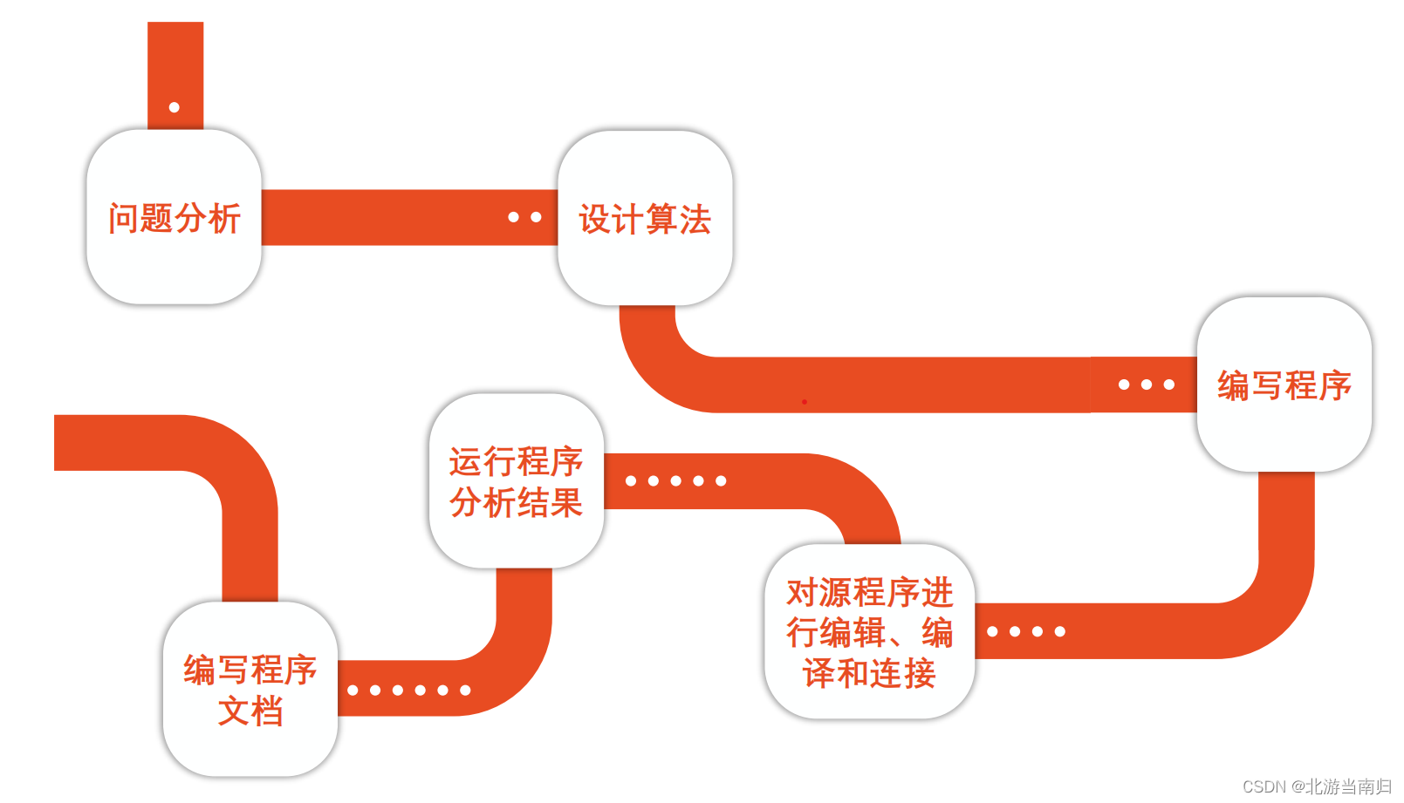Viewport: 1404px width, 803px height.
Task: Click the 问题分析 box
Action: click(x=174, y=217)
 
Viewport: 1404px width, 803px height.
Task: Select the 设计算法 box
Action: click(x=645, y=218)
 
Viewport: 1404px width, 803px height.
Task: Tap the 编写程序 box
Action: click(x=1284, y=384)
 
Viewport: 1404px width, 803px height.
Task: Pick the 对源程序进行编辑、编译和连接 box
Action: click(x=869, y=631)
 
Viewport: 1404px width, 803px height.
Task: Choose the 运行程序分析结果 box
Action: click(x=516, y=480)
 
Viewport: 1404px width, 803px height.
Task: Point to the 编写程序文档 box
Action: click(x=250, y=689)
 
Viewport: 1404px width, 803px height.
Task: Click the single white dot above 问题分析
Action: click(x=175, y=107)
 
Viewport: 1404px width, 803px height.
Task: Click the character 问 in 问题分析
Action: click(x=124, y=218)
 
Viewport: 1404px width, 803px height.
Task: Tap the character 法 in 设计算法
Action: click(x=695, y=220)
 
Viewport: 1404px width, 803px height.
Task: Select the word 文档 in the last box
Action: click(x=250, y=711)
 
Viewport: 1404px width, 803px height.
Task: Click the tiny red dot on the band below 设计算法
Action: click(x=804, y=402)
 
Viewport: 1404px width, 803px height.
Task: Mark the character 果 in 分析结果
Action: click(x=566, y=503)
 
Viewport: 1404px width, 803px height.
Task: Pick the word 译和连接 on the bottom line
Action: click(x=869, y=673)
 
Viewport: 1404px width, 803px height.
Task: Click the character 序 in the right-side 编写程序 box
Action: click(x=1335, y=385)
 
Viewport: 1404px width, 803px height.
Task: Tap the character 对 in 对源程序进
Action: click(x=803, y=593)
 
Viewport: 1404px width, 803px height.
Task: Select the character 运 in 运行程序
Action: click(x=466, y=462)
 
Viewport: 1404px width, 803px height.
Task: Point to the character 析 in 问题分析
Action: click(x=224, y=218)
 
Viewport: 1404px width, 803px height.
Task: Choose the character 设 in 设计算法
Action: click(x=595, y=220)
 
